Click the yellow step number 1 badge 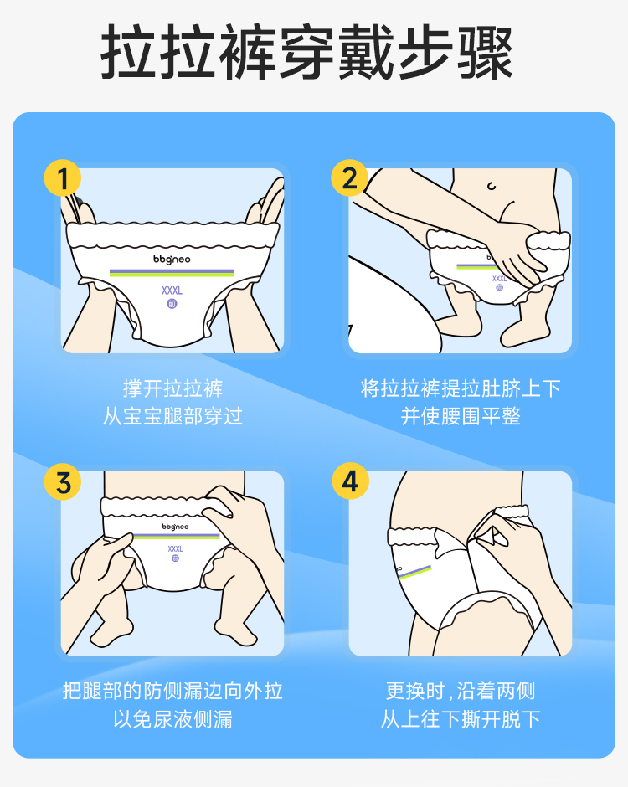pos(62,178)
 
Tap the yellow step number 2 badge pos(349,178)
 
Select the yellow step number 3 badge pos(62,481)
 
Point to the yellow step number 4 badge pos(350,481)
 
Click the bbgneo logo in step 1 pos(172,259)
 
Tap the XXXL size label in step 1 pos(172,291)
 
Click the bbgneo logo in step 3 pos(175,527)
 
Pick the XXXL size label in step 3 pos(175,548)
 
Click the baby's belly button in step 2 pos(492,186)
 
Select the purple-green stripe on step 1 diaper pos(172,273)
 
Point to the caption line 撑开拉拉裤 pos(172,388)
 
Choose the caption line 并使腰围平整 pos(461,416)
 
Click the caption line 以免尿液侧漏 pos(172,718)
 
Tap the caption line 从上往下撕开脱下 pos(461,718)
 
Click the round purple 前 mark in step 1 pos(172,304)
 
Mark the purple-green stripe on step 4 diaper pos(414,572)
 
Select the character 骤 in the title pos(485,52)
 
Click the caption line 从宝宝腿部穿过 pos(172,416)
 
